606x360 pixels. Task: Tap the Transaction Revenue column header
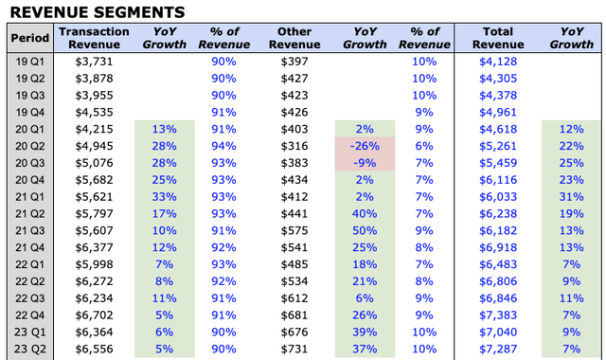tap(94, 38)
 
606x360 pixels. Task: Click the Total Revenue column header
tap(497, 38)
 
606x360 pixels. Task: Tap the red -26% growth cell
tap(365, 145)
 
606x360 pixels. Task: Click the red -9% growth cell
tap(365, 162)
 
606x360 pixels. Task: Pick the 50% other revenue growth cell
tap(365, 230)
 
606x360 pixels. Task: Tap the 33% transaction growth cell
tap(164, 196)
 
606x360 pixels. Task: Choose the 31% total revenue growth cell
tap(571, 196)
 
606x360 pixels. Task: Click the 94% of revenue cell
tap(224, 145)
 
